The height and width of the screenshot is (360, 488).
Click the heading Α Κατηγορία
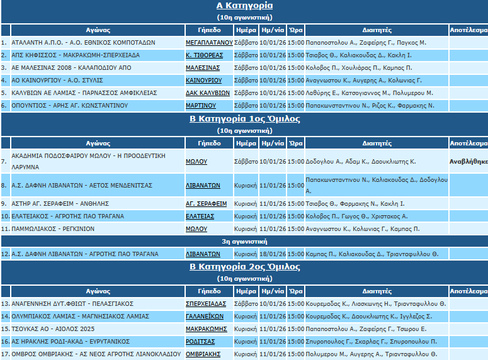coord(244,6)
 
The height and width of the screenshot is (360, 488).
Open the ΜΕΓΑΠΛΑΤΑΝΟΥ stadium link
coord(209,43)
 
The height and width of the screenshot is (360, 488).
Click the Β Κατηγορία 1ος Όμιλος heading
coord(244,118)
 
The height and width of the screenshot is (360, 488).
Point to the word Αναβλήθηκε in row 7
coord(468,161)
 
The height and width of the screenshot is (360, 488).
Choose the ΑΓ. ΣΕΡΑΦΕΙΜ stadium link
coord(206,204)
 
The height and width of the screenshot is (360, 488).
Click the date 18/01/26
coord(273,254)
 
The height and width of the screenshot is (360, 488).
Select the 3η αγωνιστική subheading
coord(244,241)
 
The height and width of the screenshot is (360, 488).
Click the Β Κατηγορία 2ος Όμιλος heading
coord(244,266)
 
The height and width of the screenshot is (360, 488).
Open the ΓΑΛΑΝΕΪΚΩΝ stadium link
coord(205,317)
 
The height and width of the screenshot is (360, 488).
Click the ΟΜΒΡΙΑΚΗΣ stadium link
coord(203,354)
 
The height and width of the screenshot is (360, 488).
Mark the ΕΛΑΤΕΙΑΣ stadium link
coord(200,217)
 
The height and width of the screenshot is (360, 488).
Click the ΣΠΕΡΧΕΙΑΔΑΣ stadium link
coord(206,304)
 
